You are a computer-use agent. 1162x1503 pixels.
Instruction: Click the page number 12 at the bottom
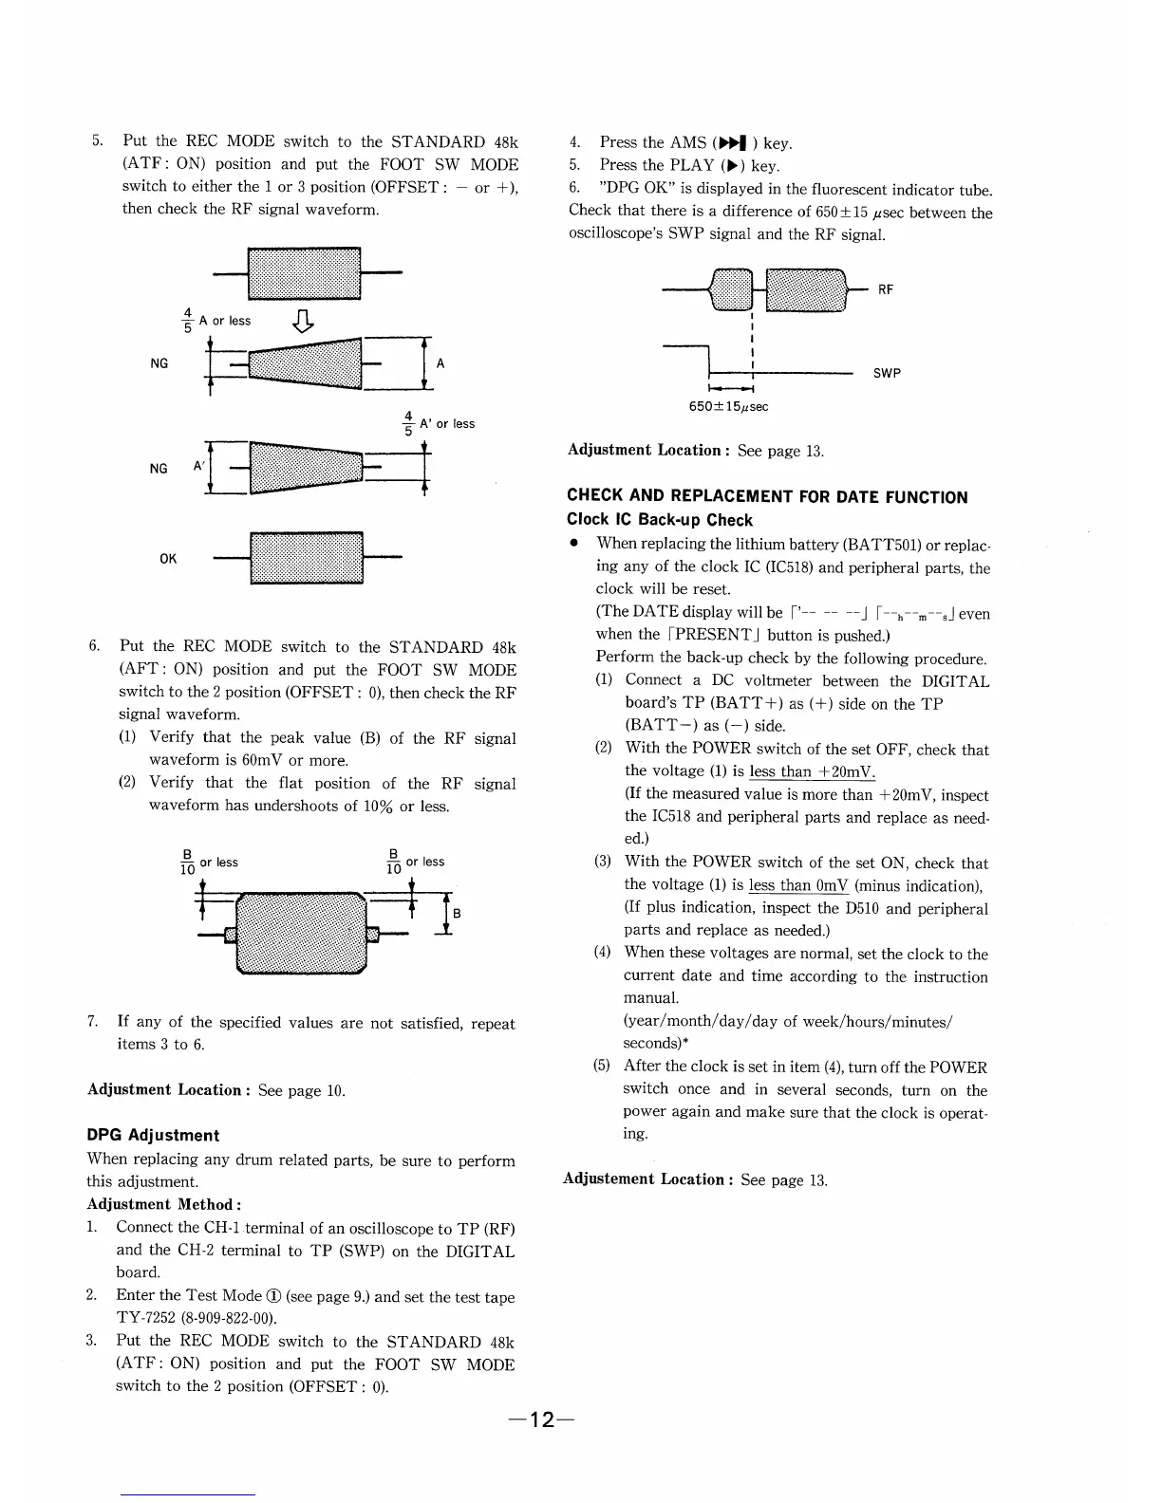point(542,1419)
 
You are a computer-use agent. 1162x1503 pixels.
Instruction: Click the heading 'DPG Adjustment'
point(153,1135)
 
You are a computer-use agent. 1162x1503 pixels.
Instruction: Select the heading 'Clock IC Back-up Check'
point(659,520)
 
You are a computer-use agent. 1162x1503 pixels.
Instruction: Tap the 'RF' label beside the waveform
point(885,289)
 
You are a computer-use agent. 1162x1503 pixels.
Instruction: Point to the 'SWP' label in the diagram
point(887,373)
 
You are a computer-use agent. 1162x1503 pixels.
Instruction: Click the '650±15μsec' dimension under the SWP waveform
point(729,407)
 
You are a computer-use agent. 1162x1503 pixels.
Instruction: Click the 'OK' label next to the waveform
point(168,559)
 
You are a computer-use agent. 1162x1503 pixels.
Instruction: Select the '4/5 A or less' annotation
point(216,321)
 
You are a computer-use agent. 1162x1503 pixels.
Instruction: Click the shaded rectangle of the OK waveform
point(306,558)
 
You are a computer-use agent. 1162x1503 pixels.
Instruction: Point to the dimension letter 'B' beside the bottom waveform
point(457,913)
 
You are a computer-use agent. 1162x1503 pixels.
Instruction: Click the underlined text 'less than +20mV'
point(812,771)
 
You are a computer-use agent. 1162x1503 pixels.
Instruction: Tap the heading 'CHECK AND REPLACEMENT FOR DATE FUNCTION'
point(767,496)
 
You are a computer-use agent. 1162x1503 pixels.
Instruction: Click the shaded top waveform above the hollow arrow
point(304,273)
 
